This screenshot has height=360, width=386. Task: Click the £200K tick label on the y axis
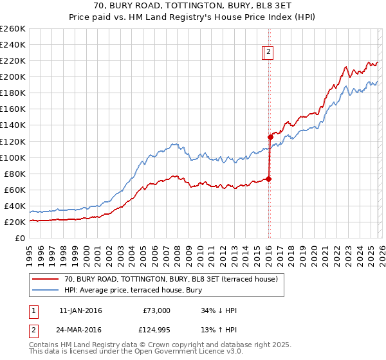click(13, 76)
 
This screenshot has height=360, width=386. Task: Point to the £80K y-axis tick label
click(15, 174)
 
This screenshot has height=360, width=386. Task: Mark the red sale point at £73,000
click(268, 179)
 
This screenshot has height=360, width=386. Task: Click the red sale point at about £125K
click(271, 137)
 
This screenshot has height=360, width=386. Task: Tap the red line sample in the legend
click(46, 279)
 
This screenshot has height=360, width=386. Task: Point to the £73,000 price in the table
click(156, 310)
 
